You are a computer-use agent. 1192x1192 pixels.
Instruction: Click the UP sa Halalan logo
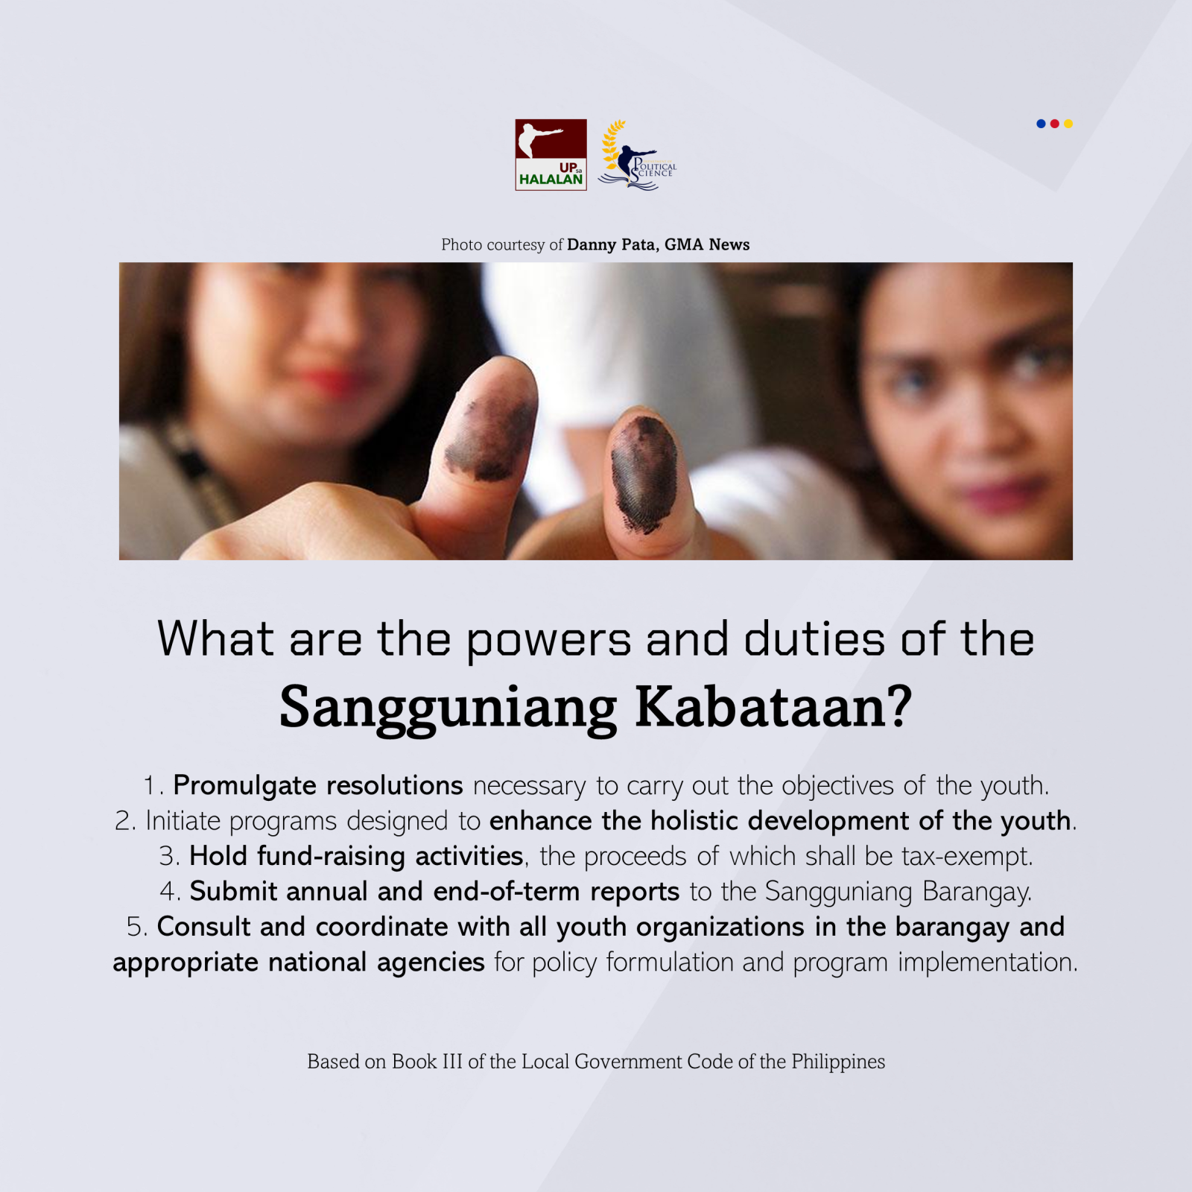click(x=551, y=155)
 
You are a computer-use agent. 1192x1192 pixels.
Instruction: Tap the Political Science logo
click(x=638, y=156)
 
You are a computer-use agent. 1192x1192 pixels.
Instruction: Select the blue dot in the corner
click(x=1041, y=124)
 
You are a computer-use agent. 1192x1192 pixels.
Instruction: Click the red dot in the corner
click(x=1054, y=124)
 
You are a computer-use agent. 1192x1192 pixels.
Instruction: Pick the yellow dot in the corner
click(x=1068, y=124)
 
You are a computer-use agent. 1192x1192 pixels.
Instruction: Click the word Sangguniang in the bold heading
click(x=448, y=708)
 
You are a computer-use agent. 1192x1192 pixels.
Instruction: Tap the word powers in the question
click(x=548, y=641)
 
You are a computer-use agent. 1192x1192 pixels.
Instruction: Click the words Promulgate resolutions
click(x=318, y=786)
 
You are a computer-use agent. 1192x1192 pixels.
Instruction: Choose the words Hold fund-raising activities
click(x=356, y=857)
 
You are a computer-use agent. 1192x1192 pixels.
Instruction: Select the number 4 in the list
click(x=168, y=892)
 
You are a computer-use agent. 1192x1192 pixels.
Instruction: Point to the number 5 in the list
click(x=135, y=928)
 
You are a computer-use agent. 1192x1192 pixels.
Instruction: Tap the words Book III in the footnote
click(x=428, y=1062)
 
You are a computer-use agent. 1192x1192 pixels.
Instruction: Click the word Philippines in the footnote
click(x=838, y=1062)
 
